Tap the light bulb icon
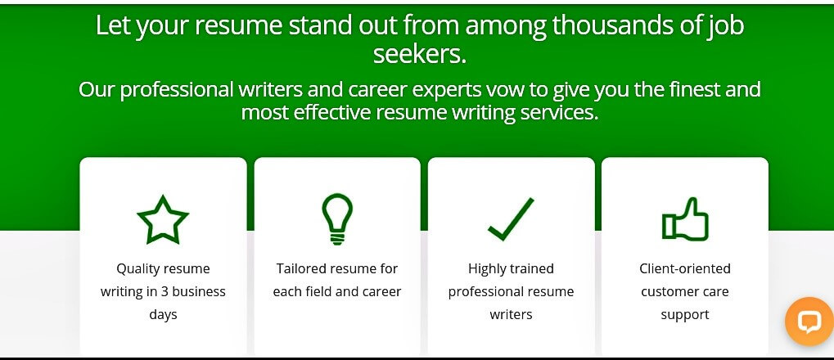click(x=337, y=218)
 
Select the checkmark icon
click(x=511, y=218)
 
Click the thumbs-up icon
click(x=685, y=218)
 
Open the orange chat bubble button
click(x=809, y=322)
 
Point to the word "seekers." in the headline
click(x=420, y=54)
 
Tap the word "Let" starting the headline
click(x=114, y=25)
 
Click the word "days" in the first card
click(x=163, y=314)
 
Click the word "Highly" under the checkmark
click(x=485, y=269)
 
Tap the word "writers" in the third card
click(x=512, y=314)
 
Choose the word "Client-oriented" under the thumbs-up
click(x=685, y=268)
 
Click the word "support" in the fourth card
click(x=685, y=315)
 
